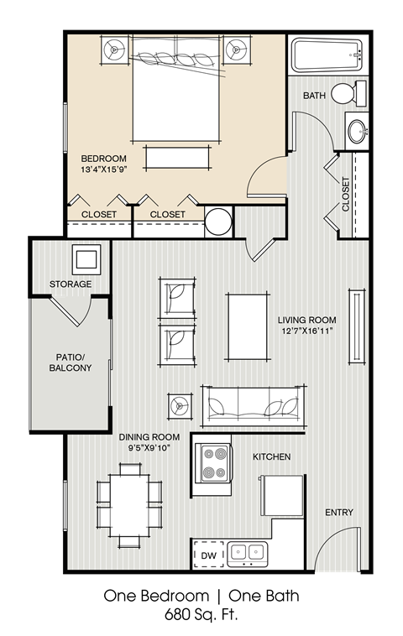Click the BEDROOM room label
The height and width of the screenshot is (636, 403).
pos(103,158)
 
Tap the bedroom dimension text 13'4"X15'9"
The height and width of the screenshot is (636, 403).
pos(109,169)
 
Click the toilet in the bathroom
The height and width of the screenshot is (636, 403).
pos(348,93)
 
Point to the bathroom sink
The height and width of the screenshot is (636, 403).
pos(358,131)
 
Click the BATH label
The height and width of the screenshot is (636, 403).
pos(315,96)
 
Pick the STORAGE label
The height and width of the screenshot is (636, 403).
pos(71,284)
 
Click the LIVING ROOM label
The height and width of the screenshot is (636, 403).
pos(307,320)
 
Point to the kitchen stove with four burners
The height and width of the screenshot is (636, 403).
pos(213,462)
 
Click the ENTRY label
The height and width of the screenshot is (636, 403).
pos(339,513)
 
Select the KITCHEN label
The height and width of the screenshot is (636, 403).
pos(272,457)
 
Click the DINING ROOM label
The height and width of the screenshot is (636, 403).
pos(147,436)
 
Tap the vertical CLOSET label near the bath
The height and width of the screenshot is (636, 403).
pos(346,195)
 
